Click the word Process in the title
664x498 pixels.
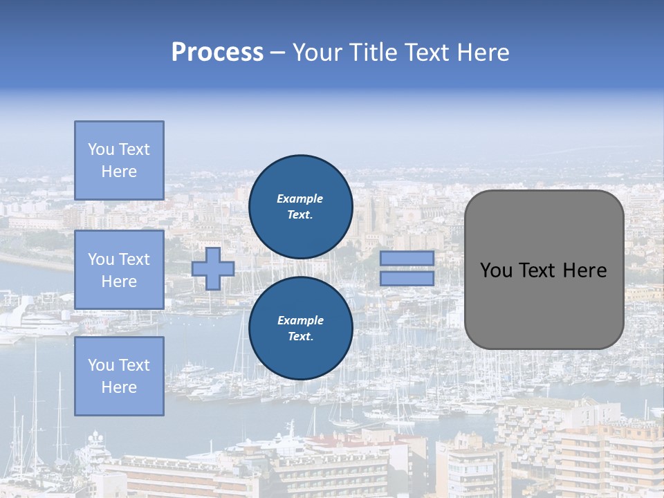click(x=217, y=53)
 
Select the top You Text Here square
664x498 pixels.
click(x=119, y=160)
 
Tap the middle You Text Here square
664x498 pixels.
click(x=119, y=270)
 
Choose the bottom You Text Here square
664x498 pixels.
click(x=119, y=376)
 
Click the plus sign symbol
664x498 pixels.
click(x=213, y=268)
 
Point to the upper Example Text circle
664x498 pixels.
click(x=301, y=207)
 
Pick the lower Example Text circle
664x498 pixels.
click(x=301, y=329)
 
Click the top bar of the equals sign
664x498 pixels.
click(x=407, y=258)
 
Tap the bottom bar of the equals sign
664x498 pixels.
click(x=407, y=279)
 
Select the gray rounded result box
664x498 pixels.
click(x=544, y=270)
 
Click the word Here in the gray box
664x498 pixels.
click(x=584, y=270)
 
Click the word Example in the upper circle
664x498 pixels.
click(x=300, y=199)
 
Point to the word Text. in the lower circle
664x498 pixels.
click(x=300, y=337)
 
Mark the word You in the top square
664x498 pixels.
click(x=101, y=149)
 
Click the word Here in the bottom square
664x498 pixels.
click(x=119, y=387)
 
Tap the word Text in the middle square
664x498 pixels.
click(x=134, y=259)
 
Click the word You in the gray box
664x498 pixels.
click(x=496, y=270)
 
